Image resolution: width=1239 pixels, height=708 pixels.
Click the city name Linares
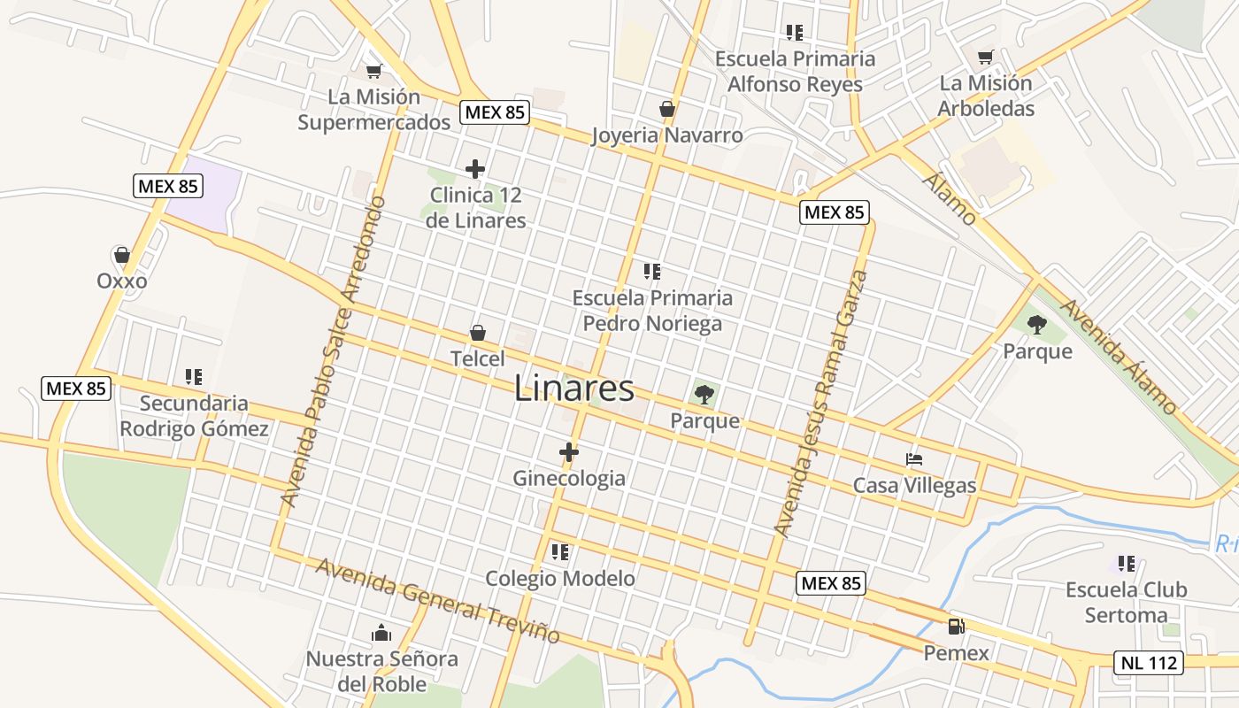574,389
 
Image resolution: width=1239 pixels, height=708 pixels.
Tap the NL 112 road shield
1148,663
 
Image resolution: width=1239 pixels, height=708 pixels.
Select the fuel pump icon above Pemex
956,627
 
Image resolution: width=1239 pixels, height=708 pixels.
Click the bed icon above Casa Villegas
914,459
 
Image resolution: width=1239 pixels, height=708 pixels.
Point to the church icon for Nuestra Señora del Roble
381,633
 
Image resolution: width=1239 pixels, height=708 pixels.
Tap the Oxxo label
122,281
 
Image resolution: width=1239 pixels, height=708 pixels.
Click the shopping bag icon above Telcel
478,333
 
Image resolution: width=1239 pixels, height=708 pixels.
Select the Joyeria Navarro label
666,135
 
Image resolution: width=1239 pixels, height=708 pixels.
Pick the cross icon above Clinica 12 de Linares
475,168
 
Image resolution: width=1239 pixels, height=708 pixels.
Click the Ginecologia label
569,479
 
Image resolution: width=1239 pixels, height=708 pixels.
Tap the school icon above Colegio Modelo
559,552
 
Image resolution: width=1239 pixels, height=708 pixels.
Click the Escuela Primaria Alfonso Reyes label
795,72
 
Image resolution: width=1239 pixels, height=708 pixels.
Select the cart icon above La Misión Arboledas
985,58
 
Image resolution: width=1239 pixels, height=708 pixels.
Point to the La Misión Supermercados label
373,110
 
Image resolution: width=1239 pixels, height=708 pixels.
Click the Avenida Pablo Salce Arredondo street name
334,351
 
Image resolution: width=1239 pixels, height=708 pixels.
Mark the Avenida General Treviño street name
438,601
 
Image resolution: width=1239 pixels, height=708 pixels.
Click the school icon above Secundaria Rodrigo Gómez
194,377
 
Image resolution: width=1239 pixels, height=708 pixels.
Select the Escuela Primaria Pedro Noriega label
652,311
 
